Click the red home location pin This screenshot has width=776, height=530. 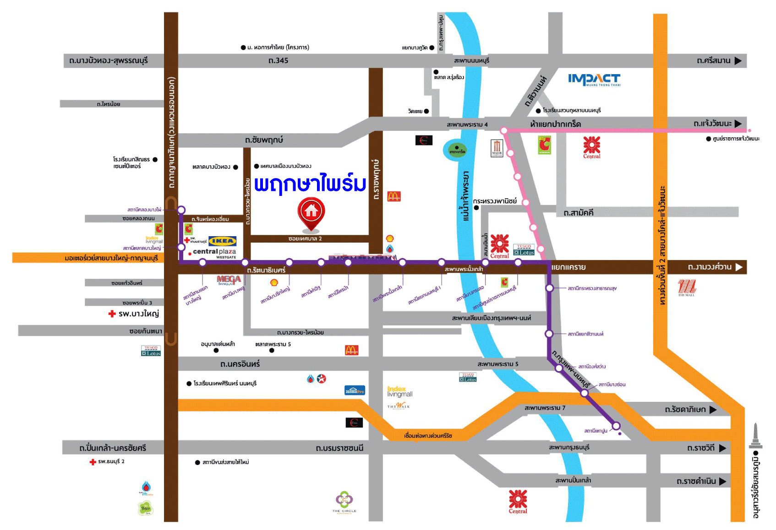pos(311,213)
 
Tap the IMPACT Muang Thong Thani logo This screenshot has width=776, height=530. pos(594,80)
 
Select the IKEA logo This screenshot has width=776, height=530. pos(222,241)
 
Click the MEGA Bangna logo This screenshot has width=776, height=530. pos(229,280)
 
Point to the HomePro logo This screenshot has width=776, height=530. pos(355,390)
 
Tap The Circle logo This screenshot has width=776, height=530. pos(344,502)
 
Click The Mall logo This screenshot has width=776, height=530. pos(686,288)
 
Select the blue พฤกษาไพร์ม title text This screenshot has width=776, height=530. pos(310,184)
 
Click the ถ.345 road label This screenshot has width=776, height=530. pos(278,60)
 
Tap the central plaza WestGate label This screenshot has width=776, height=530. pos(214,253)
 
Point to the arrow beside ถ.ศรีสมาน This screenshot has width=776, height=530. pos(738,60)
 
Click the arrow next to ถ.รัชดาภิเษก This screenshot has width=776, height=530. pos(713,410)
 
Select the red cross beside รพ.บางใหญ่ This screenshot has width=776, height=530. pos(112,314)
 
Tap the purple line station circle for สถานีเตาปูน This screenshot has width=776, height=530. pos(616,426)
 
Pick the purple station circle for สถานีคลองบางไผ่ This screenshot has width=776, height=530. pos(181,210)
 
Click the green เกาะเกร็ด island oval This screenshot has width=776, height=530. pos(457,150)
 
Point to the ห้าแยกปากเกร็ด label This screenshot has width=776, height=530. pos(555,124)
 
